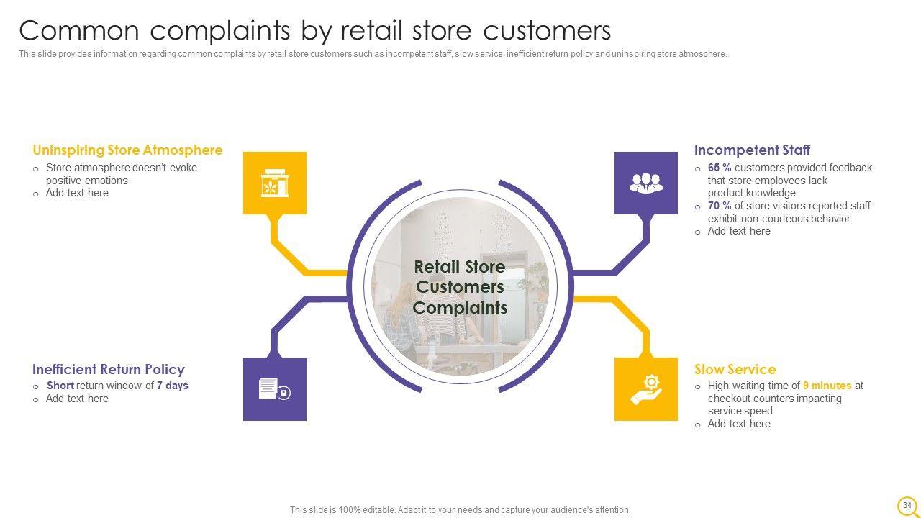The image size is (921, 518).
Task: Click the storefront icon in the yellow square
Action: click(275, 183)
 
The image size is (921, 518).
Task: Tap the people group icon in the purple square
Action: click(646, 183)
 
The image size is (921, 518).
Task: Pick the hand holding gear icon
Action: click(646, 389)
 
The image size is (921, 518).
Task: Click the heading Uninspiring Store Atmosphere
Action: click(127, 150)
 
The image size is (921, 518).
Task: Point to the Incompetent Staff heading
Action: click(752, 150)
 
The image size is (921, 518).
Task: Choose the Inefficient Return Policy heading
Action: click(109, 369)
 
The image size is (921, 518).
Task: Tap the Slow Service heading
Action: click(735, 369)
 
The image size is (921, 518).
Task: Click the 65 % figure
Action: click(720, 168)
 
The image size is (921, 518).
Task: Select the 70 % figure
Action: click(720, 206)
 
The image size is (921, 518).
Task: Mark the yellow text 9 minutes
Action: click(827, 386)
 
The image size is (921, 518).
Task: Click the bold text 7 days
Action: click(172, 386)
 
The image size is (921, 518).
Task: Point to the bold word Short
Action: click(60, 386)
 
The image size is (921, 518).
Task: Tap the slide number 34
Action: click(907, 505)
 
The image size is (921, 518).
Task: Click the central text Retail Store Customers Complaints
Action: click(460, 287)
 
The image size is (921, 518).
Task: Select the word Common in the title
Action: click(79, 31)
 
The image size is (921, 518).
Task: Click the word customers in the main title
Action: click(547, 31)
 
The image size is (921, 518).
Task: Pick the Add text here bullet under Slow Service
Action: click(739, 424)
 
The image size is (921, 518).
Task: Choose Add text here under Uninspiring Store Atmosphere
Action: click(77, 193)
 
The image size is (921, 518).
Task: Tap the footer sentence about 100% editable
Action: click(460, 510)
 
